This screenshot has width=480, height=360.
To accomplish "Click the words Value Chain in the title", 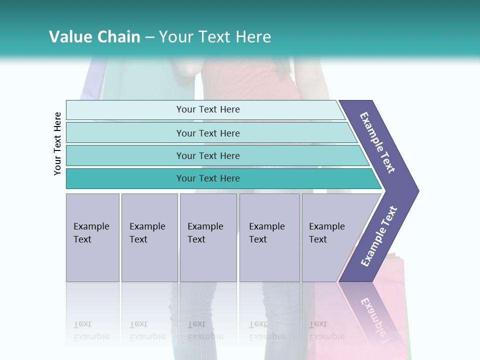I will point(94,37).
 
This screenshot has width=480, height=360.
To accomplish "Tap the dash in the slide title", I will point(149,37).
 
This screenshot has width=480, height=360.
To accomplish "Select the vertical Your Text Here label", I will point(57,143).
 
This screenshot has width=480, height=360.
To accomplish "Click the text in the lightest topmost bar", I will point(208,109).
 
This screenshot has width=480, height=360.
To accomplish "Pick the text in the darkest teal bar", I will point(208,178).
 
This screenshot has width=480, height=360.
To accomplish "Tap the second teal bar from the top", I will point(208,133).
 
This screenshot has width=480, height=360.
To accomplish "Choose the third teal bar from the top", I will point(208,156).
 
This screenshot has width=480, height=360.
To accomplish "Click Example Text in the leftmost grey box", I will point(91,233).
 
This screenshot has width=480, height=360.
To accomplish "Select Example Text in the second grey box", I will point(147,233).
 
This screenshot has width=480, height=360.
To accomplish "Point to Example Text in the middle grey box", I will point(205,233).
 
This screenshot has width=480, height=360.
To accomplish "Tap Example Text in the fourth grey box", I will point(266,233).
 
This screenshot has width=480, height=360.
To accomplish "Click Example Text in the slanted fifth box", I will point(326,233).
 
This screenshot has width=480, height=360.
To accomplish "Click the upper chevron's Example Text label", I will point(377,142).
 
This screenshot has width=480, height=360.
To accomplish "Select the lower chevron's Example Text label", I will point(378,236).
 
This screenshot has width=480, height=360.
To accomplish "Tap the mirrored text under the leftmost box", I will point(91,330).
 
